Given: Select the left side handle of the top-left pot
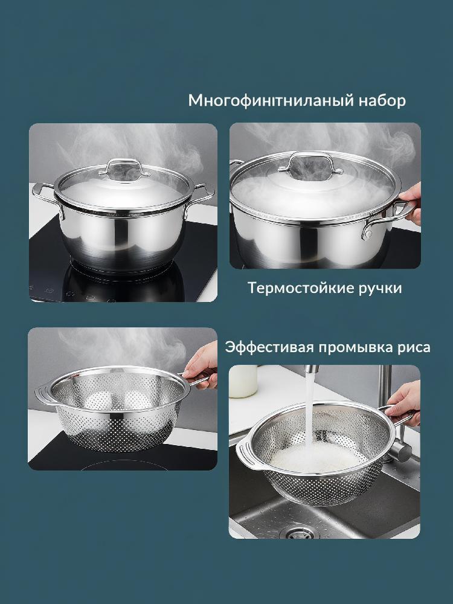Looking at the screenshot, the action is (44, 193).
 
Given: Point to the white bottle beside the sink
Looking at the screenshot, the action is (243, 381).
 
